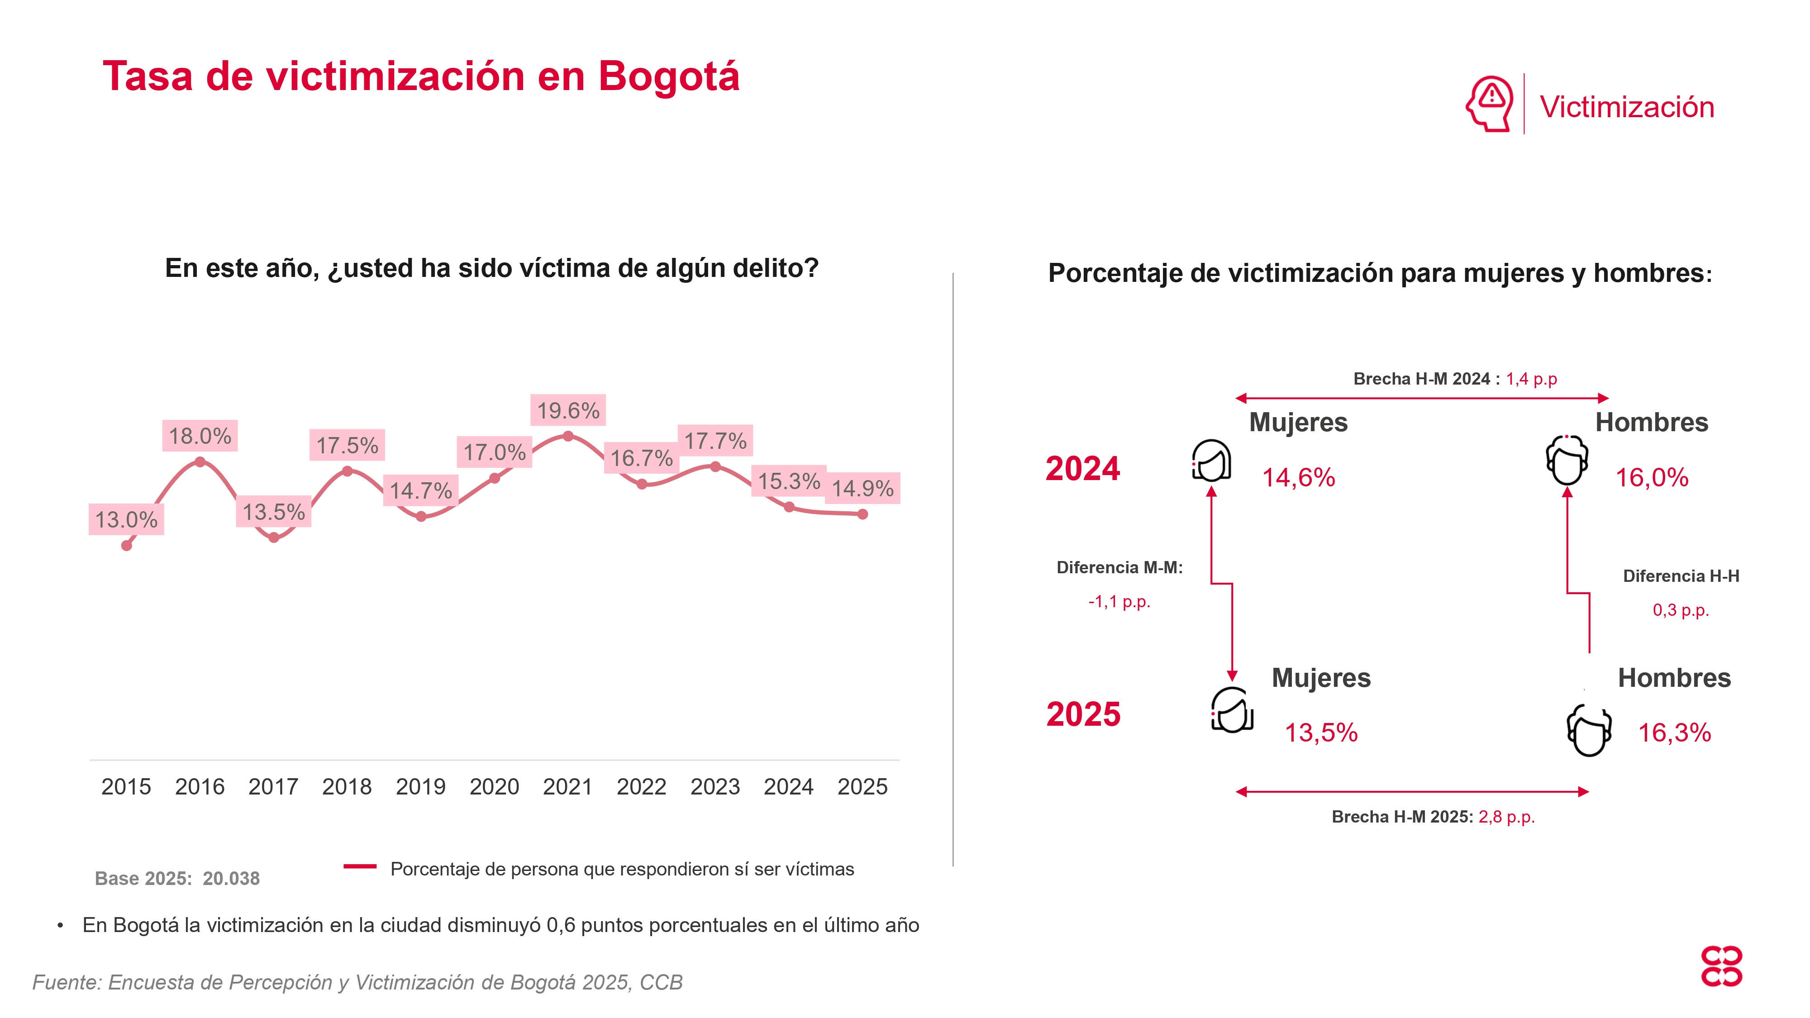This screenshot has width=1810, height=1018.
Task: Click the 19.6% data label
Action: pyautogui.click(x=568, y=410)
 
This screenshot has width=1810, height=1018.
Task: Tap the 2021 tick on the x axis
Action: pyautogui.click(x=568, y=786)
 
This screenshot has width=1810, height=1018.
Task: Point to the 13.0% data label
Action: pyautogui.click(x=127, y=520)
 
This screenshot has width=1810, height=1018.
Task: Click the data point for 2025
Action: pyautogui.click(x=863, y=514)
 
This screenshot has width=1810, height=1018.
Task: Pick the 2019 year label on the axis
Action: pyautogui.click(x=420, y=786)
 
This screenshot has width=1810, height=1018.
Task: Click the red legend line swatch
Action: pyautogui.click(x=360, y=867)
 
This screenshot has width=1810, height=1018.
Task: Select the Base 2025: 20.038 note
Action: pyautogui.click(x=177, y=878)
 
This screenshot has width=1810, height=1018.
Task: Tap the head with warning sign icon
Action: pyautogui.click(x=1489, y=104)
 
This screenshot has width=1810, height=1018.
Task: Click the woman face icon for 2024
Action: pyautogui.click(x=1211, y=460)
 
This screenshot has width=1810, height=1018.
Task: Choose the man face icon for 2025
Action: pyautogui.click(x=1589, y=731)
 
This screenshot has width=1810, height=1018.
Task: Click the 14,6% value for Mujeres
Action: pyautogui.click(x=1299, y=478)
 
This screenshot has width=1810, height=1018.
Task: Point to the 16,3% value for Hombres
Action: pyautogui.click(x=1674, y=733)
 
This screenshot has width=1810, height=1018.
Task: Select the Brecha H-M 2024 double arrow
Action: pyautogui.click(x=1422, y=398)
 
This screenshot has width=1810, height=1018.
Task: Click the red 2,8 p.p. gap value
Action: pyautogui.click(x=1506, y=817)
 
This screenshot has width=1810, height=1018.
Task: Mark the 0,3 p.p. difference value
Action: pyautogui.click(x=1681, y=610)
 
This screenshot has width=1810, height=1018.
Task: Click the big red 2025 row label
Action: pyautogui.click(x=1083, y=714)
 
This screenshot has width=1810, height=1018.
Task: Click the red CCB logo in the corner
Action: pyautogui.click(x=1721, y=967)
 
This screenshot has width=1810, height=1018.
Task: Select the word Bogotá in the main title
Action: pyautogui.click(x=669, y=76)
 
